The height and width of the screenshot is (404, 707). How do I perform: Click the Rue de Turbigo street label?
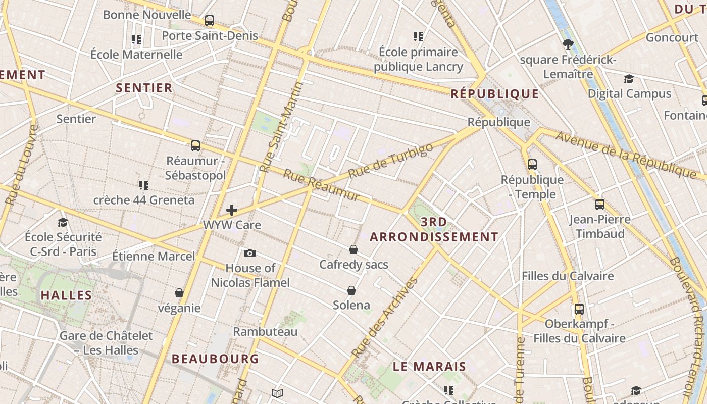[x=391, y=160]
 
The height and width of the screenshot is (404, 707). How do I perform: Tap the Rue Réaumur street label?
[x=322, y=185]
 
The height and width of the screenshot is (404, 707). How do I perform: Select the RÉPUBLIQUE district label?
[x=495, y=94]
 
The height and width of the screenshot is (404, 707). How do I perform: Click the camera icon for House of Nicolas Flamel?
[x=249, y=253]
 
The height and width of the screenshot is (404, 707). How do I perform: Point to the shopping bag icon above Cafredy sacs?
[x=353, y=249]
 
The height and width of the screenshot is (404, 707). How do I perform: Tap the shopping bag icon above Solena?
[x=351, y=290]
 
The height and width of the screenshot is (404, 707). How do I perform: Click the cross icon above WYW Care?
[x=232, y=210]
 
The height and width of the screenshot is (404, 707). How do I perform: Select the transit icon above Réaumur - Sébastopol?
[x=195, y=146]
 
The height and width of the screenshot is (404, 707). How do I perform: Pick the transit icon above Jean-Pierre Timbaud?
[x=600, y=205]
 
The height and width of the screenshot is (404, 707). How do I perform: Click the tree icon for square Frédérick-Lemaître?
[x=568, y=44]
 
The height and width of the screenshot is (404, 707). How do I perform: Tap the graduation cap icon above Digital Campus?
[x=629, y=79]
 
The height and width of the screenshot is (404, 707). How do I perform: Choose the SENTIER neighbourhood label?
[x=144, y=88]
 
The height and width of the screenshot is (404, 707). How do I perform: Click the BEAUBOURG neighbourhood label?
[x=215, y=359]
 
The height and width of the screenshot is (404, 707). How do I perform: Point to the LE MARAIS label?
[x=429, y=367]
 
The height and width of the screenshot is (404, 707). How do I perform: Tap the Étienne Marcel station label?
[x=153, y=256]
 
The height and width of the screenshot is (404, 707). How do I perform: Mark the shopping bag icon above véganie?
[x=179, y=293]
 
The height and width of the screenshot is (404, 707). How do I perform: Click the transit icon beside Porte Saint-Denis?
[x=210, y=21]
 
